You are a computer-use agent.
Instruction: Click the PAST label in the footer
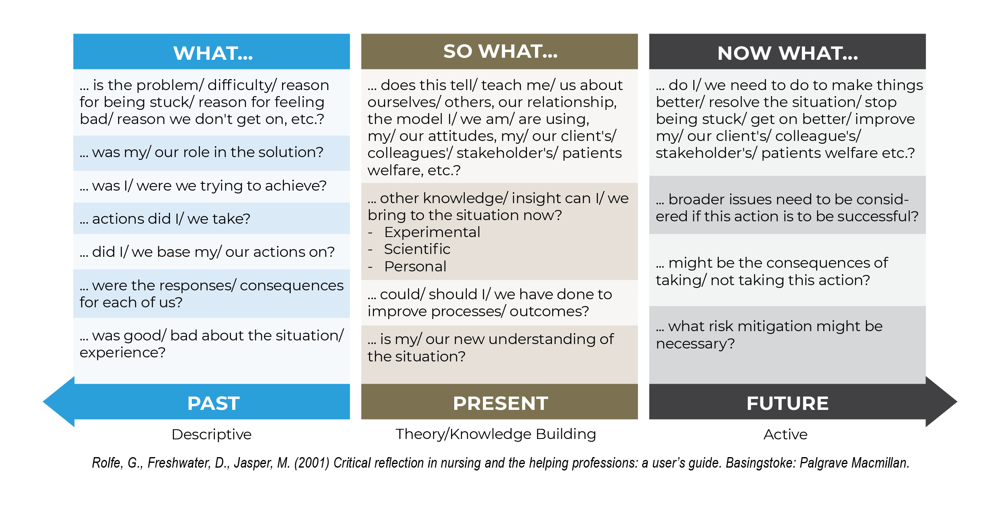click(x=213, y=403)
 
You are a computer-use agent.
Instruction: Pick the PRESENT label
click(x=500, y=403)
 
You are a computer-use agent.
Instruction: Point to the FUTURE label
click(x=787, y=403)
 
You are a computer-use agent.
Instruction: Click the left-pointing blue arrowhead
click(x=59, y=402)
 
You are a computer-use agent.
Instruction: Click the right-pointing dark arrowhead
click(x=941, y=402)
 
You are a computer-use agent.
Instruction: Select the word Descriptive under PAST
click(x=212, y=435)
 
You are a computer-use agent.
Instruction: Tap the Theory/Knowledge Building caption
click(x=496, y=435)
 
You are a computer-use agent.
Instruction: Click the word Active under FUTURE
click(x=785, y=435)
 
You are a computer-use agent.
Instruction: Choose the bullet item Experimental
click(x=432, y=233)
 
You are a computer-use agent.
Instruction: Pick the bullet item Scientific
click(x=417, y=249)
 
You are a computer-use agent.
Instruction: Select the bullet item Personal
click(x=415, y=267)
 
